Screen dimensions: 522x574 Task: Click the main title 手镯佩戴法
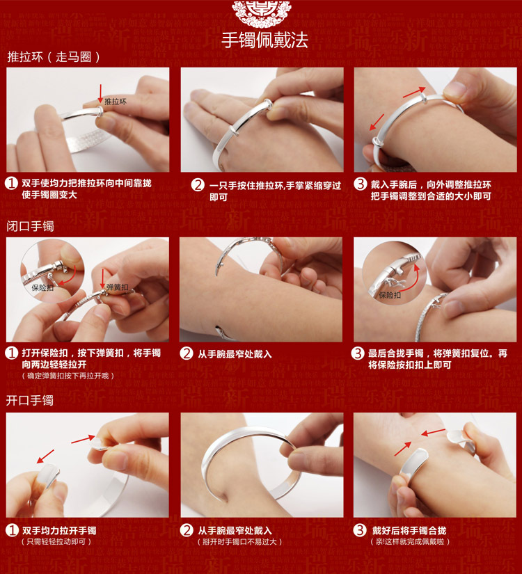264,40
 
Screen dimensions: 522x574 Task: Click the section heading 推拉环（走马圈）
54,57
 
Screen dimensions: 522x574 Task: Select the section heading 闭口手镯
30,226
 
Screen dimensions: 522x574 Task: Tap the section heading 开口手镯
30,400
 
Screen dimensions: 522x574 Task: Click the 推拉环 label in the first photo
116,102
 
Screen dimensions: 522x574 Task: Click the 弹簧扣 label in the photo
117,287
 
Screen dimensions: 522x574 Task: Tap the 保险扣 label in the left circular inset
42,288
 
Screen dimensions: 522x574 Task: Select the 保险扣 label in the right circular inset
390,295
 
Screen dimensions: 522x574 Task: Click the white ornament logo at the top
262,13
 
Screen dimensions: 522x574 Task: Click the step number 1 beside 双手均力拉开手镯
12,530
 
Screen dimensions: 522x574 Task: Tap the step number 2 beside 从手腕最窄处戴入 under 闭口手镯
186,353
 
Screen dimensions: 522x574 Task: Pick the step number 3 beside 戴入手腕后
360,184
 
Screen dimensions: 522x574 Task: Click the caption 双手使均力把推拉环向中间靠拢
86,183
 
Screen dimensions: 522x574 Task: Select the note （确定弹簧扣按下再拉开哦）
68,376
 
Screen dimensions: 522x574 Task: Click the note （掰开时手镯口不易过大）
240,542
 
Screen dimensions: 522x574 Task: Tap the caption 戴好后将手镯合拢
409,530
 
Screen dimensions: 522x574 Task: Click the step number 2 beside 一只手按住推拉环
198,185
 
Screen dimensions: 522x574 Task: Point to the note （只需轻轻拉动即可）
56,542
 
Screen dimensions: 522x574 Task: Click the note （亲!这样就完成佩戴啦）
410,542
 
